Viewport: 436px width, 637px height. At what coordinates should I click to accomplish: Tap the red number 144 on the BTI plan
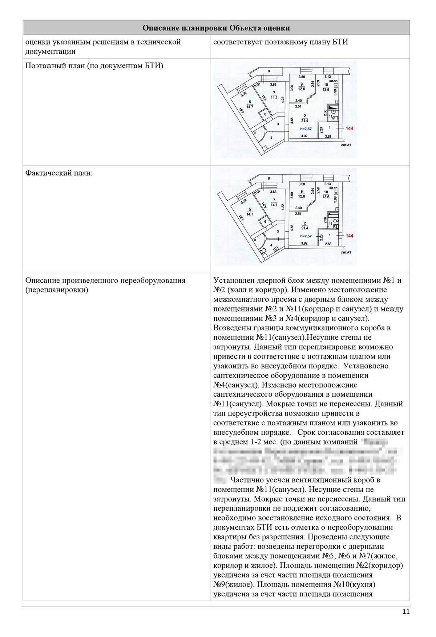[350, 128]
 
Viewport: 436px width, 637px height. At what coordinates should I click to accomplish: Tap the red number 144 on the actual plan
[350, 236]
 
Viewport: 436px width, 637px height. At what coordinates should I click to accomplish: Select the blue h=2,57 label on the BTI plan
[306, 128]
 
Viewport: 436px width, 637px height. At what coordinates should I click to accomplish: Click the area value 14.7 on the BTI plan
[250, 107]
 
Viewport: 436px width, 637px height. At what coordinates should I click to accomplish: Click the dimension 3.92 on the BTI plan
[304, 136]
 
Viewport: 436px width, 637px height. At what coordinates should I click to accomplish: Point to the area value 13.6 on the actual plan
[326, 197]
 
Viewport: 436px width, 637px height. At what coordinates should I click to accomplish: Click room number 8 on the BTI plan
[269, 71]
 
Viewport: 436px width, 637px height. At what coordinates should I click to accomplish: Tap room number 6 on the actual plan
[265, 221]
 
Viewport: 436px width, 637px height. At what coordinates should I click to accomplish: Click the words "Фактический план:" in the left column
[59, 173]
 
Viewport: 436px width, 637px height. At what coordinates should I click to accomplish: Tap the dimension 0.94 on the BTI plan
[257, 86]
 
